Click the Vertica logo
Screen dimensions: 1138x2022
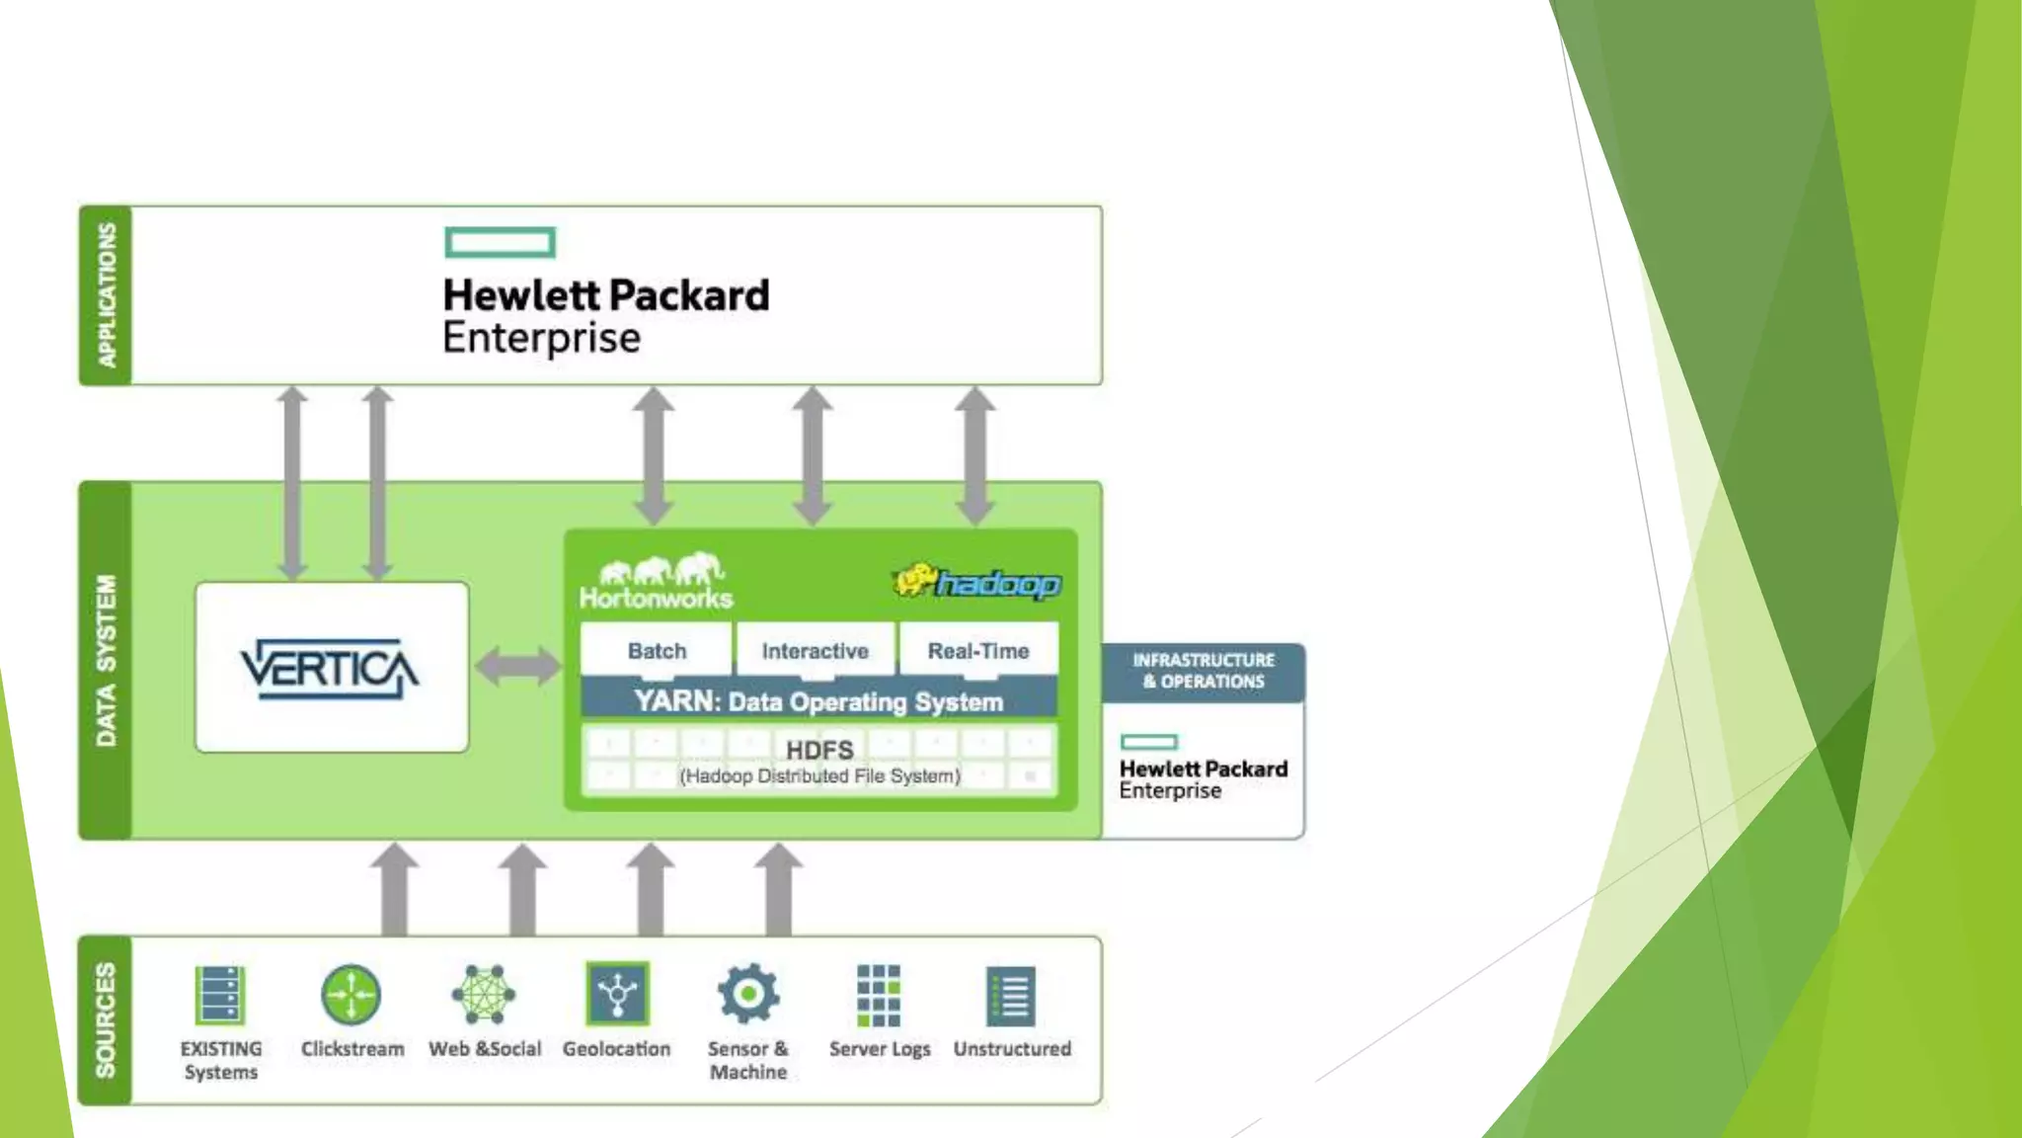pos(330,669)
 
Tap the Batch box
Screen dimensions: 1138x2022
pos(657,651)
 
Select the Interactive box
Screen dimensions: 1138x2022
pos(815,651)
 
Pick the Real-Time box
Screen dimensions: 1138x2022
pos(977,651)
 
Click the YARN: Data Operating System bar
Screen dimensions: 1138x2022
pos(818,701)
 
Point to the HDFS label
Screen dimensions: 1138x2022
pos(818,751)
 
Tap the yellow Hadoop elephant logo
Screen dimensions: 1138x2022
pos(914,581)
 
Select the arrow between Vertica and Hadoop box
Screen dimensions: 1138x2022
pos(517,666)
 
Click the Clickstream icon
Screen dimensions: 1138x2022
pos(350,995)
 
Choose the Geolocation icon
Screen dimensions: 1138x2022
pos(617,994)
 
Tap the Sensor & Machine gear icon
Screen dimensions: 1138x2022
pos(747,994)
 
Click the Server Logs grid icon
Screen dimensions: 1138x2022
pos(879,996)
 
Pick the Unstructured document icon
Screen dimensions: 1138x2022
pos(1011,996)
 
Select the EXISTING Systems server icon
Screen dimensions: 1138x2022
pos(219,995)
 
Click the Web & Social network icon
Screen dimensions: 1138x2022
pos(484,994)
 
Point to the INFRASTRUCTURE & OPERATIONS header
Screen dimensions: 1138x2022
pos(1203,671)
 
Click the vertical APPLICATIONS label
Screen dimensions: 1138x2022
pos(107,295)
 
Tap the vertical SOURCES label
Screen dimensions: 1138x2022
pos(106,1019)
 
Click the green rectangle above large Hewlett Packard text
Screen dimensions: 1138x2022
pos(500,242)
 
